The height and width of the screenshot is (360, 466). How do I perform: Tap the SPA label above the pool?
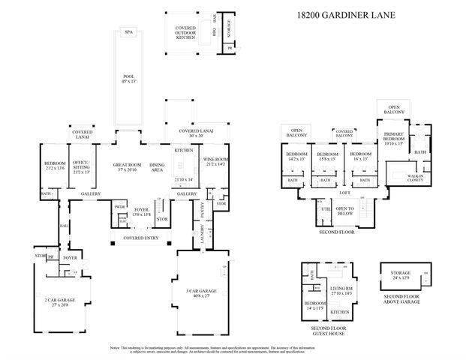coord(128,32)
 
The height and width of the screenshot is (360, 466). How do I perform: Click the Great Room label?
coord(128,167)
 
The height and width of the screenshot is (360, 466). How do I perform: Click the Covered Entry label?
coord(141,238)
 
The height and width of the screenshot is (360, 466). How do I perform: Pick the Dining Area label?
coord(158,167)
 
